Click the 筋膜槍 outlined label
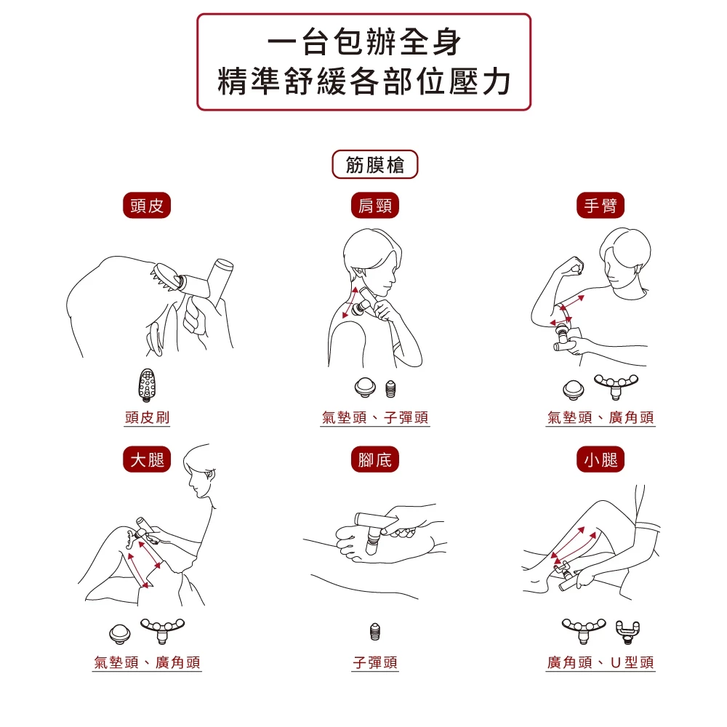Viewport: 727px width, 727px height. pos(374,164)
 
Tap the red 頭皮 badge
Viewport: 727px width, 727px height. pos(147,206)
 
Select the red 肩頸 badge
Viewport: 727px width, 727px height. pos(374,206)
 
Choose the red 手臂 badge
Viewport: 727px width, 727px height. pos(601,206)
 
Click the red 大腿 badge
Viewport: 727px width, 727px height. pos(147,459)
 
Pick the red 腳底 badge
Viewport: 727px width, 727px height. pos(374,459)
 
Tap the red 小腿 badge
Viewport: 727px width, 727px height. pos(601,459)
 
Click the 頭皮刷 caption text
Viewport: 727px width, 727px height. pos(147,417)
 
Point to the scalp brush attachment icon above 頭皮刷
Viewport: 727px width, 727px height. pos(147,385)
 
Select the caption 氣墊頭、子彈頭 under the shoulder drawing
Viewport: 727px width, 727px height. pos(374,417)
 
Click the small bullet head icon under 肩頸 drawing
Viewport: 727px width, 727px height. pos(391,389)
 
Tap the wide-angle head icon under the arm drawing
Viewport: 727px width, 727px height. pos(616,386)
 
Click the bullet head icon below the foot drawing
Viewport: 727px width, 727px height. pos(375,632)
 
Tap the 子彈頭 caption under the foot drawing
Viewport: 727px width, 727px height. pos(375,662)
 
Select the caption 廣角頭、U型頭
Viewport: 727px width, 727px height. pos(601,662)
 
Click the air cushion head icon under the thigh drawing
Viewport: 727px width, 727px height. pos(120,634)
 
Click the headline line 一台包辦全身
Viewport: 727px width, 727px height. pos(364,42)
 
